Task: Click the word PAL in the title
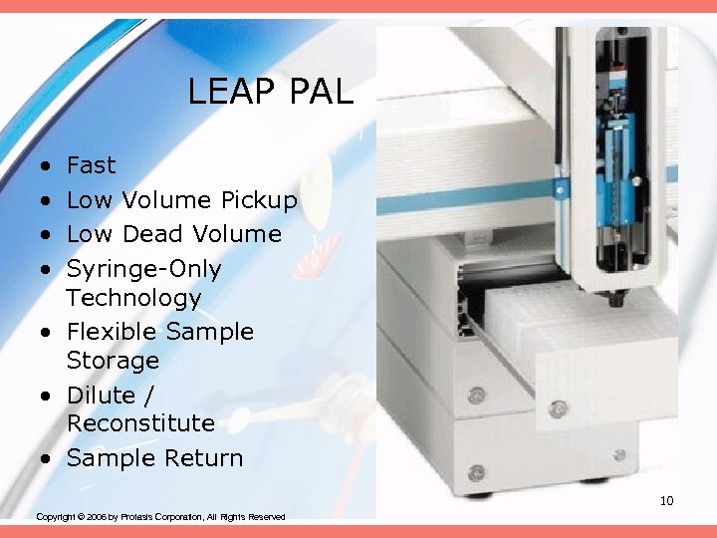(x=322, y=93)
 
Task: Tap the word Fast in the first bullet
(x=91, y=165)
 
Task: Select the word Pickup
(x=259, y=200)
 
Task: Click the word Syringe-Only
(x=143, y=269)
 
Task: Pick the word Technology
(x=133, y=298)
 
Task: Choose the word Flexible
(x=113, y=331)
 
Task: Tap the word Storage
(x=113, y=360)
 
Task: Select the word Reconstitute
(x=140, y=423)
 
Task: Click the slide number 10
(x=666, y=500)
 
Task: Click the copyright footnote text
(x=160, y=516)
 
